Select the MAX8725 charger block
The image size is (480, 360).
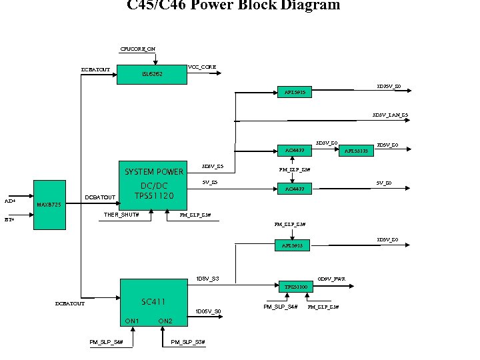click(x=50, y=205)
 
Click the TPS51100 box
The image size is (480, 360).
click(x=295, y=287)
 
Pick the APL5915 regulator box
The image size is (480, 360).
click(x=294, y=92)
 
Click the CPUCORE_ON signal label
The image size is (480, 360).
click(x=137, y=49)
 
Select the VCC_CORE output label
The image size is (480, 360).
click(x=202, y=67)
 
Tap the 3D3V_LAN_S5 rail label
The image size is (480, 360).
click(x=390, y=115)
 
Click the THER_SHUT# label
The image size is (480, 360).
click(x=121, y=215)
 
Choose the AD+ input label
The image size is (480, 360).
click(x=10, y=201)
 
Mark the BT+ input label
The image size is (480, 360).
click(x=9, y=219)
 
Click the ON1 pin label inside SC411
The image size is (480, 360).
click(x=132, y=321)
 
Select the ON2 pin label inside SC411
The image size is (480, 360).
click(x=165, y=321)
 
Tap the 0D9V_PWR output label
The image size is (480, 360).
click(x=331, y=278)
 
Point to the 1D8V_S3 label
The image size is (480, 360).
click(x=207, y=278)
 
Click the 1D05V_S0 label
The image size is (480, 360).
click(x=209, y=311)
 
